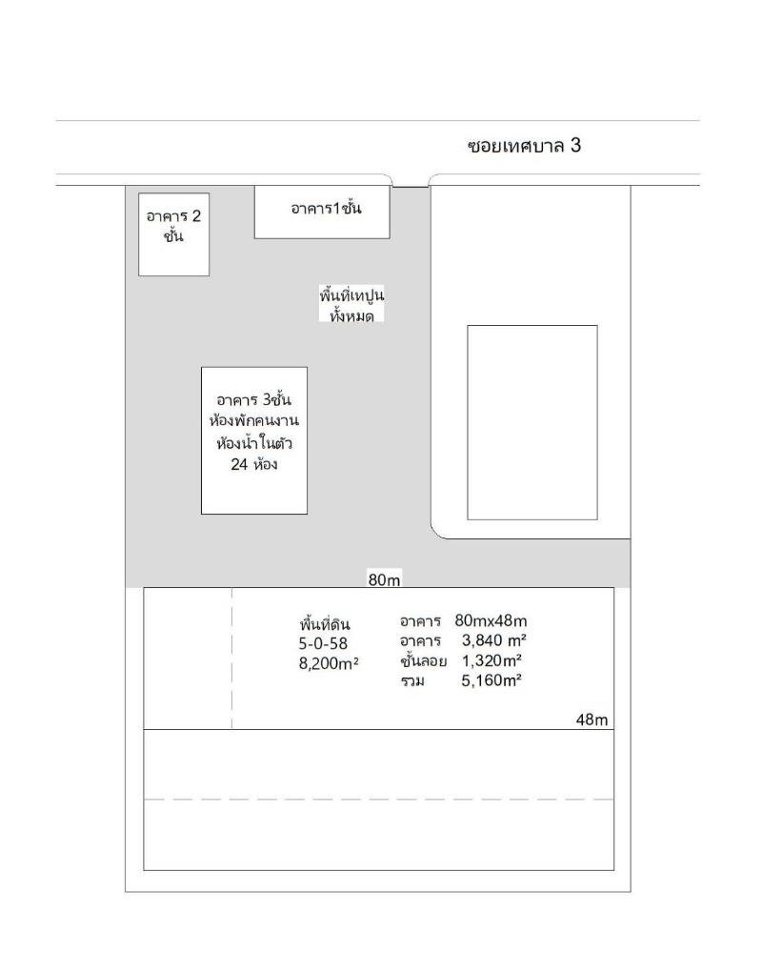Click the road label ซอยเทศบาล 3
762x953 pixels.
pos(525,146)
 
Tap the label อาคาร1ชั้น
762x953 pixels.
pos(327,208)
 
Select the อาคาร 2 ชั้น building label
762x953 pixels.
pos(173,226)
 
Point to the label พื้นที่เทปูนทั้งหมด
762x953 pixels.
pos(351,304)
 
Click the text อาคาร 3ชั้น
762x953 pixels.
pos(254,399)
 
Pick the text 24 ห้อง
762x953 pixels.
pos(254,465)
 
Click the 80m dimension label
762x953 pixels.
pos(384,579)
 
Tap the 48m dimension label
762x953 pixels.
pos(592,720)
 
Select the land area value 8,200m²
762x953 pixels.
pos(329,663)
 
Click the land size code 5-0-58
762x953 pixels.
pos(323,643)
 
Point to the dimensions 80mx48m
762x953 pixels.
pos(491,620)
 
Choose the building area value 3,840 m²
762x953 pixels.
pos(494,640)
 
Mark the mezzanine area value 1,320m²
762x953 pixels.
pos(492,660)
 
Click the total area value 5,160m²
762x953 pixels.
pos(491,680)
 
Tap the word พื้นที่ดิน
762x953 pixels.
pos(325,623)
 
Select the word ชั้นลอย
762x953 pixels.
pos(424,660)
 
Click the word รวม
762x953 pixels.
pos(412,681)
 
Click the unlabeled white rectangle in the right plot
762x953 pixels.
pos(532,422)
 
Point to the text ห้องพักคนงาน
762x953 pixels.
pos(254,420)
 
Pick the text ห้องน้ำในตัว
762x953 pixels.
pos(254,442)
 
